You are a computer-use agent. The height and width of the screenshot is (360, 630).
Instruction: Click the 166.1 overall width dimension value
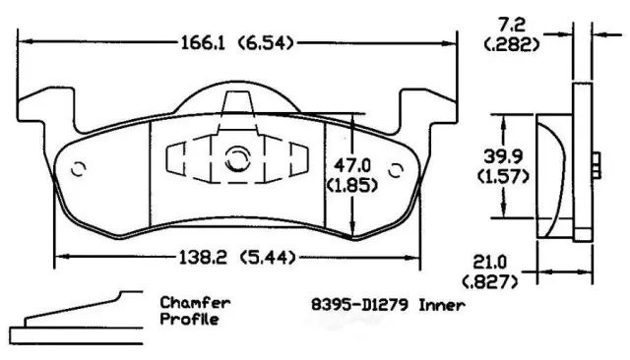pos(202,42)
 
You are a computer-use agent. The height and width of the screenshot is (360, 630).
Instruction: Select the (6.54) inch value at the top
pos(266,42)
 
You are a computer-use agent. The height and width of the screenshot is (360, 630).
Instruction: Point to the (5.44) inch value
pos(268,258)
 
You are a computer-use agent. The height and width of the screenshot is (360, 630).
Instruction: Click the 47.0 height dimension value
pos(352,165)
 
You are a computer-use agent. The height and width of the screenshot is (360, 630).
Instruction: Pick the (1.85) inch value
pos(352,186)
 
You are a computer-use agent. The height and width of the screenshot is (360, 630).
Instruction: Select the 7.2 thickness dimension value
pos(511,25)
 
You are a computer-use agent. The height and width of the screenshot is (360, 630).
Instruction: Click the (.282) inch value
pos(512,44)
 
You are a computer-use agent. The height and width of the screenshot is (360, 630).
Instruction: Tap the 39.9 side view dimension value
pos(503,156)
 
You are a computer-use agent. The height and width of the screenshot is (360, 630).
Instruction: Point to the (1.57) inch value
pos(503,176)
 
